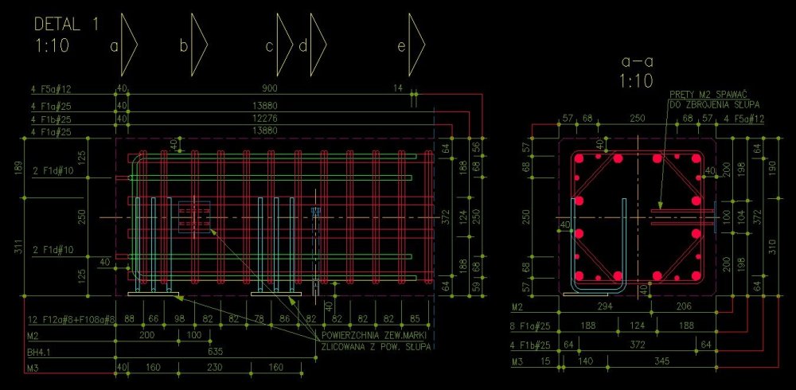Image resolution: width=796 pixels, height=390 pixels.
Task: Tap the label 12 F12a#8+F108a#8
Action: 71,319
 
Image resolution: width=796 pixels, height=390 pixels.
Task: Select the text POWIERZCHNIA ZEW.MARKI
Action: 375,334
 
